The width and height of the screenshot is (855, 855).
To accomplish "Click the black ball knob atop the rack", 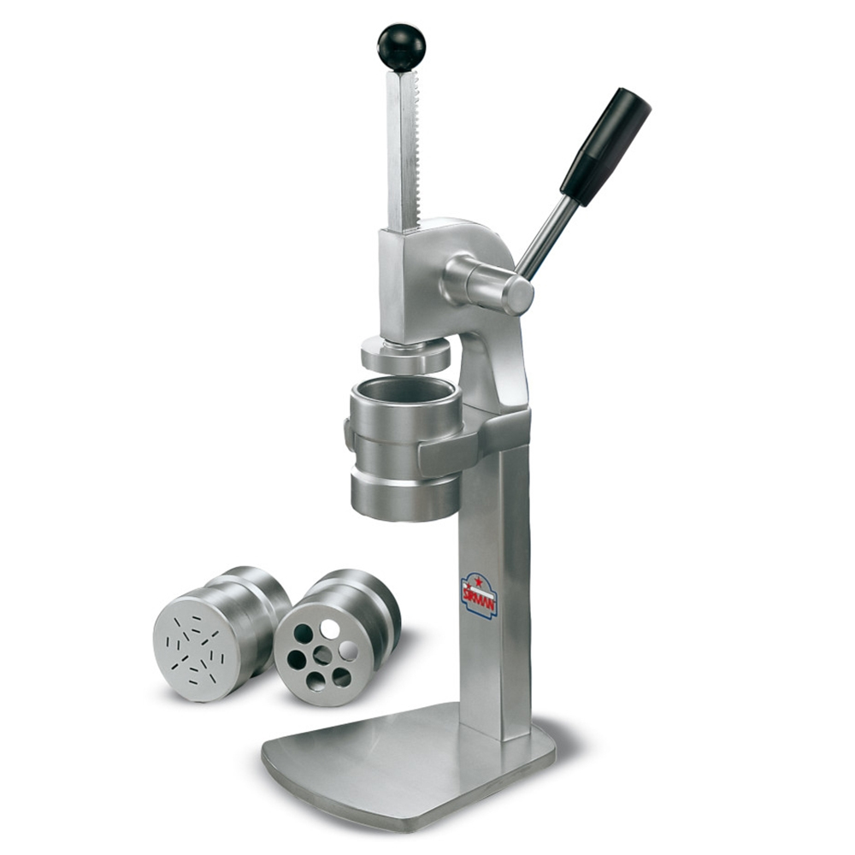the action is pos(401,46).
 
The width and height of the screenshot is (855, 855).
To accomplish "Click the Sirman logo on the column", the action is pos(480,596).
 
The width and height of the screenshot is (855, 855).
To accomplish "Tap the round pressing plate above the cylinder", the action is pos(405,353).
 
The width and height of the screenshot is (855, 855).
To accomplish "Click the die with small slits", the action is pos(218,632).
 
